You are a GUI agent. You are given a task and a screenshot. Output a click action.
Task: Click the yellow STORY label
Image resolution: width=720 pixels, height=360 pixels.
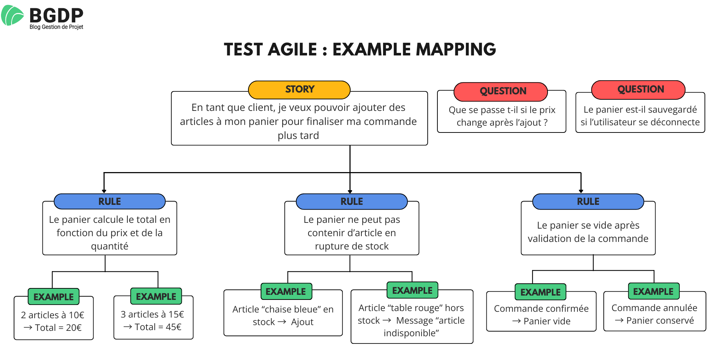[300, 90]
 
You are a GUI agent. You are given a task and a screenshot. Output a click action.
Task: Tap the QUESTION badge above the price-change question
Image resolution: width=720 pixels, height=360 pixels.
[503, 91]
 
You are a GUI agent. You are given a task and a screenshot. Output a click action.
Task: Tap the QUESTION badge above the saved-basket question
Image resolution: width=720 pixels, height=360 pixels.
[640, 90]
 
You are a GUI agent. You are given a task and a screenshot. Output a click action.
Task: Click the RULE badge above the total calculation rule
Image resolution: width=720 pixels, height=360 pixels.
[110, 202]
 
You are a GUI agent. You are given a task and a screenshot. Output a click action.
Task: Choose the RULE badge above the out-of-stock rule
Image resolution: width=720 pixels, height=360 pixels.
[352, 202]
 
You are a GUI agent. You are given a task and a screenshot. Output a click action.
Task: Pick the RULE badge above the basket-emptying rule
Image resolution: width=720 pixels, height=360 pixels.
[588, 202]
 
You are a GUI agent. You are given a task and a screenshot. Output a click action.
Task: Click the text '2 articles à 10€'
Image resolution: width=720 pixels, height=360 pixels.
[53, 315]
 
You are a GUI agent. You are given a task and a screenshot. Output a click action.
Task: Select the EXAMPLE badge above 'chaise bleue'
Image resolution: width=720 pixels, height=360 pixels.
[286, 292]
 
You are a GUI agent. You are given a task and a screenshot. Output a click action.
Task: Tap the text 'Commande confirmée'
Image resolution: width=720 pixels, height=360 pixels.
[541, 309]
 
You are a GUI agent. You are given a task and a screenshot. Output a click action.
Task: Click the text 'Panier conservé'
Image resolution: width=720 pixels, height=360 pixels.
[660, 320]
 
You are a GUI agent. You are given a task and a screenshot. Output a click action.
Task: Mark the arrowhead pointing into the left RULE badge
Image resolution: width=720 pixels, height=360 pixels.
[104, 191]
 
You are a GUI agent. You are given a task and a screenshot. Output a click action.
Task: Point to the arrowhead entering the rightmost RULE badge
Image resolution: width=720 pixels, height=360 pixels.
[581, 191]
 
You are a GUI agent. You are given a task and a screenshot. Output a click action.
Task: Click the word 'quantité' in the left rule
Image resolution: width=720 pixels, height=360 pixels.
[109, 246]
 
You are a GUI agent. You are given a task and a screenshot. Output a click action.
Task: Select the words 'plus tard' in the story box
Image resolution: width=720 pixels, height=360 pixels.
[298, 136]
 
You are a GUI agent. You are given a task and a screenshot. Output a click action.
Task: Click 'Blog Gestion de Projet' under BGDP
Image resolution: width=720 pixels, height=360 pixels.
[56, 27]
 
